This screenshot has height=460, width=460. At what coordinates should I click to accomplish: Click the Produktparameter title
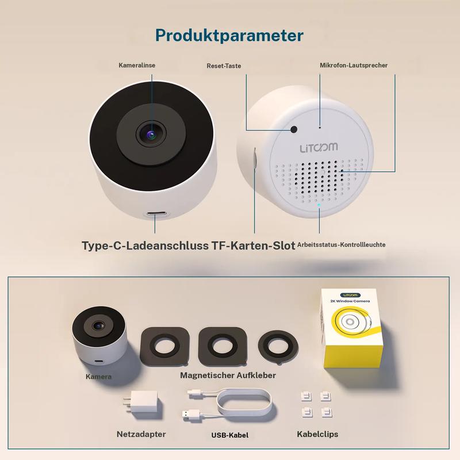click(229, 36)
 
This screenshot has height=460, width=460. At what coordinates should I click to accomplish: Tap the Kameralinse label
click(137, 65)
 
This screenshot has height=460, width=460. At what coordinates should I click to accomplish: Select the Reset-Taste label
click(224, 66)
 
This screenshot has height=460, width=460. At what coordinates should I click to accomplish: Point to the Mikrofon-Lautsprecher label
click(354, 65)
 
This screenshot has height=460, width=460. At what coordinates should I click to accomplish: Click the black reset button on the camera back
click(294, 129)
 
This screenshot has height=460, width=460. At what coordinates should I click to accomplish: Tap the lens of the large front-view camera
click(151, 135)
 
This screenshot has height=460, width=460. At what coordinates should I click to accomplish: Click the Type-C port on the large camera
click(156, 213)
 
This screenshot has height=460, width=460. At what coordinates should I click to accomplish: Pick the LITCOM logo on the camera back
click(319, 148)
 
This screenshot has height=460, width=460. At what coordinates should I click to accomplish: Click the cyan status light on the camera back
click(319, 205)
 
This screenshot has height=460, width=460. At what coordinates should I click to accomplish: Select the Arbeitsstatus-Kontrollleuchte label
click(341, 244)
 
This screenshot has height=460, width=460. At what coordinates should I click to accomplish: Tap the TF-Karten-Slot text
click(253, 246)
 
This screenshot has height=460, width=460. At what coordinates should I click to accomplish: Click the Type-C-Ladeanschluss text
click(145, 246)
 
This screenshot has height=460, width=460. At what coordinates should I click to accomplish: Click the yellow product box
click(351, 328)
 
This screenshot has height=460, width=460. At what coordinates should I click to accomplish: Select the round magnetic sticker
click(278, 347)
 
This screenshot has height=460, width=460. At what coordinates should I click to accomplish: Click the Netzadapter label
click(141, 434)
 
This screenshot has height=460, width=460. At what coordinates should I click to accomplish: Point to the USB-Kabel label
click(229, 435)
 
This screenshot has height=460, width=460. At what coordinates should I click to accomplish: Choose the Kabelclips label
click(317, 434)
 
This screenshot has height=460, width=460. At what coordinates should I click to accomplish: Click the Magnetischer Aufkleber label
click(228, 375)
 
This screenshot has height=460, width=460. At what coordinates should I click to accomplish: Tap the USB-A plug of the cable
click(191, 415)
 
